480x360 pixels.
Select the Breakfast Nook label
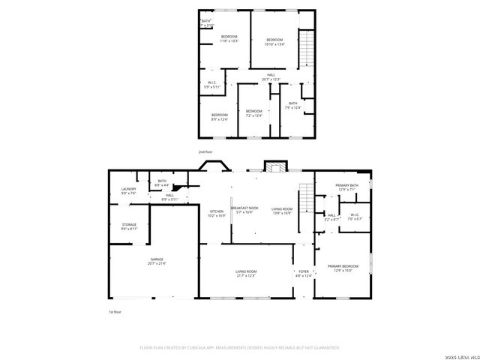(244, 210)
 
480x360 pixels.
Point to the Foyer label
(304, 273)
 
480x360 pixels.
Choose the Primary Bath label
(347, 187)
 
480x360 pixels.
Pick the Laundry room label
(129, 191)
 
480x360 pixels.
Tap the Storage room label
(129, 226)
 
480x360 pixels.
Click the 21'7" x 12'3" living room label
(246, 273)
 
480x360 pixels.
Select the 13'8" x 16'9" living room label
(282, 211)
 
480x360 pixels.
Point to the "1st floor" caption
(115, 311)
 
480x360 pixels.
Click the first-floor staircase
(304, 197)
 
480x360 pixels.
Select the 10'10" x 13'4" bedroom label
(275, 42)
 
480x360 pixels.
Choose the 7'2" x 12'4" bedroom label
(254, 113)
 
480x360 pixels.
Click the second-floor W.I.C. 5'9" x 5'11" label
(213, 85)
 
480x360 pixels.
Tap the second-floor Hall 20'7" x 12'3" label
(272, 76)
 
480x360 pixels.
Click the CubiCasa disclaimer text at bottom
(240, 348)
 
